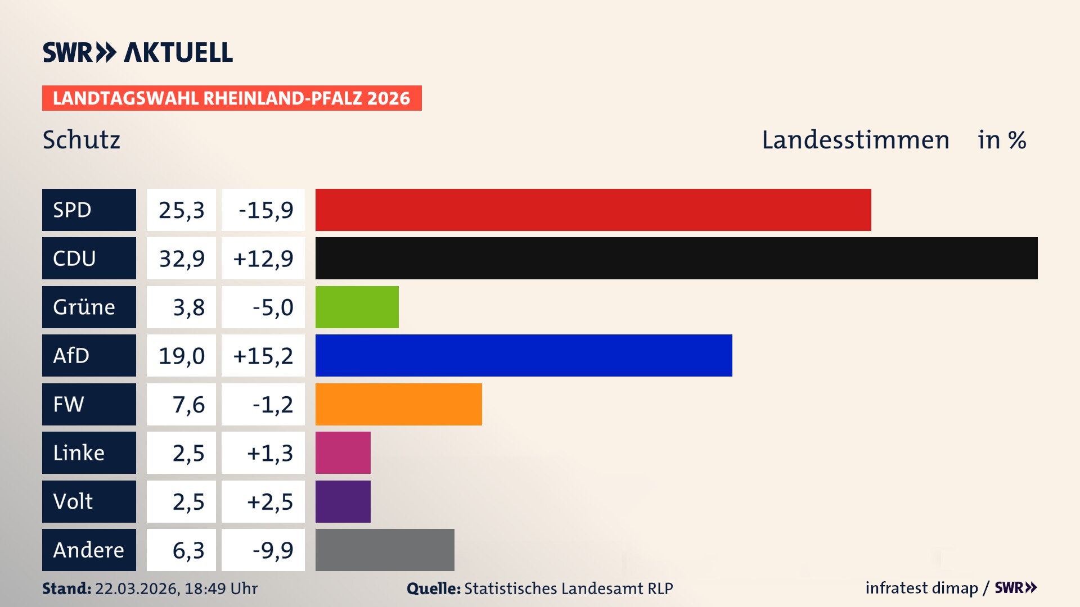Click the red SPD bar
click(x=593, y=210)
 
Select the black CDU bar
click(x=676, y=259)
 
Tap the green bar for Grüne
click(x=357, y=307)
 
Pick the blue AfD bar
click(x=523, y=355)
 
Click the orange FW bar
click(x=398, y=404)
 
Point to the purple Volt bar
click(x=343, y=501)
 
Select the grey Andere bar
click(x=385, y=550)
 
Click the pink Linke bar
click(x=343, y=452)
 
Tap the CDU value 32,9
click(x=181, y=259)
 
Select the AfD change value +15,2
click(x=263, y=355)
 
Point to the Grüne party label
click(x=84, y=307)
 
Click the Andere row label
click(x=88, y=550)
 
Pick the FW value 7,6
click(x=188, y=404)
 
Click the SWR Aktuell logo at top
click(x=137, y=52)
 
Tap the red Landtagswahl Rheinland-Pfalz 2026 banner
click(x=231, y=98)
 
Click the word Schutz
click(x=82, y=140)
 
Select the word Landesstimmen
click(x=855, y=140)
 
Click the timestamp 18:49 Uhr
click(x=220, y=588)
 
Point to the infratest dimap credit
click(x=921, y=588)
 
